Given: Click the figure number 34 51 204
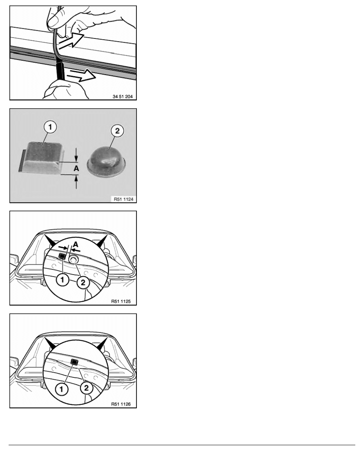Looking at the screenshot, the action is pos(123,96).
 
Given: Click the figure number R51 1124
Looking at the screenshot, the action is pos(124,199).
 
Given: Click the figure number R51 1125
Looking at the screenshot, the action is pos(121,301).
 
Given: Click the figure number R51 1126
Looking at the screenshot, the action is pos(121,404).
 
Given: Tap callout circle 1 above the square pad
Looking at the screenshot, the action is pos(50,127).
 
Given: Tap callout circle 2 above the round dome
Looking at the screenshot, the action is pos(117,131).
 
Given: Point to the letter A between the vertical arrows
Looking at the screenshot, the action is pos(76,169).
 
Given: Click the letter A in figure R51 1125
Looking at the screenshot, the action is pos(76,244).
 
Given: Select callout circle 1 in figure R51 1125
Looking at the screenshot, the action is pos(63,280).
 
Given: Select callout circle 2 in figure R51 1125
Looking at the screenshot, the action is pos(83,282).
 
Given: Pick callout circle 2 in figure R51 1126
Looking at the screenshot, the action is pos(86,388).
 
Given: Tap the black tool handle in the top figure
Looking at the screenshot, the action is pos(60,70).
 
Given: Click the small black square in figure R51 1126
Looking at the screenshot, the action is pos(74,362).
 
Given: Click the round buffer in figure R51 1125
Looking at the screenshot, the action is pos(73,260).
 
